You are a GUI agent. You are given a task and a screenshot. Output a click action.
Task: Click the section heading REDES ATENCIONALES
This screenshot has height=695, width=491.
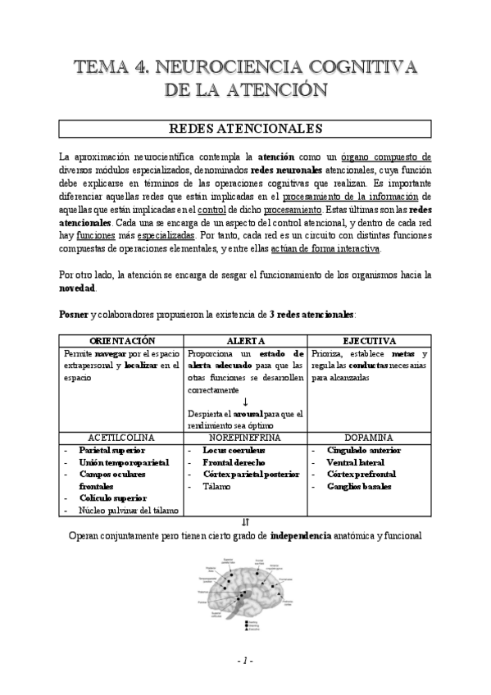244,129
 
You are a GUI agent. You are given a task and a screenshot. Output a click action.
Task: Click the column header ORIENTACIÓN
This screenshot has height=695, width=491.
122,341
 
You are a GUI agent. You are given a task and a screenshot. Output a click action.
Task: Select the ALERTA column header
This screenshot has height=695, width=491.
245,341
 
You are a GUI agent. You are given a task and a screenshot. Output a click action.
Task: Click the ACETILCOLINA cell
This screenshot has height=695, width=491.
122,438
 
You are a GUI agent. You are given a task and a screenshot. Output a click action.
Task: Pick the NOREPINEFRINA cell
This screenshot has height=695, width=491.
245,438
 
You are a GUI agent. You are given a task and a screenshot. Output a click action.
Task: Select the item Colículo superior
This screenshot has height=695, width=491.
112,498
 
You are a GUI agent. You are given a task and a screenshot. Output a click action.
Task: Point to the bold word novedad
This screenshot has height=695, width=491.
78,289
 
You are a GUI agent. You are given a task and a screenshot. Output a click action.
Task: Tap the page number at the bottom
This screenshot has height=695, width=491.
245,661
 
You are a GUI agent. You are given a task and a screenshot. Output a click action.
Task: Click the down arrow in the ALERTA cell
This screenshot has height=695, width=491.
245,402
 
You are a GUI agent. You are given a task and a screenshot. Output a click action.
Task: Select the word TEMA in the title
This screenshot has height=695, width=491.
104,66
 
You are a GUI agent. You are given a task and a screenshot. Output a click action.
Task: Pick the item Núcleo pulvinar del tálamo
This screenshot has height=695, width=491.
128,510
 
